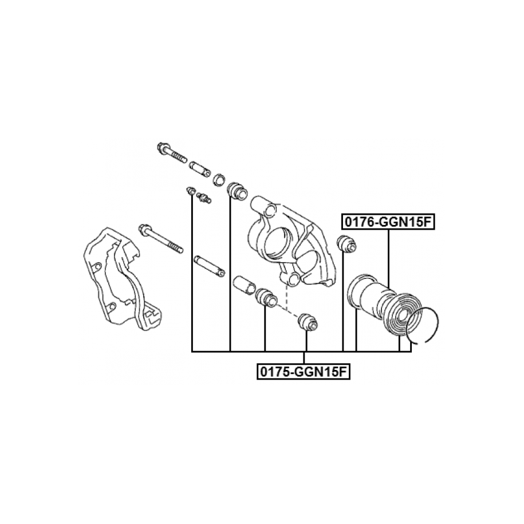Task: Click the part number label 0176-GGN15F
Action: point(388,222)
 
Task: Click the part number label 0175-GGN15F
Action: point(304,372)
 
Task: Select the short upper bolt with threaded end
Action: point(171,153)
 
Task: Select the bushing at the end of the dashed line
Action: point(308,322)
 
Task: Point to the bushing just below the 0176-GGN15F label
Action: point(348,244)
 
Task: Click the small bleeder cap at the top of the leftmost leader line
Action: point(191,191)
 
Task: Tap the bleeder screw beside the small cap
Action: point(203,197)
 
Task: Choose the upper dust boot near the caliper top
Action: point(237,191)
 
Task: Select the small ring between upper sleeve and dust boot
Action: point(219,179)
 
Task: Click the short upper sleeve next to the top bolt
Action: point(200,169)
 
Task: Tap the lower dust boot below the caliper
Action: point(266,297)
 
